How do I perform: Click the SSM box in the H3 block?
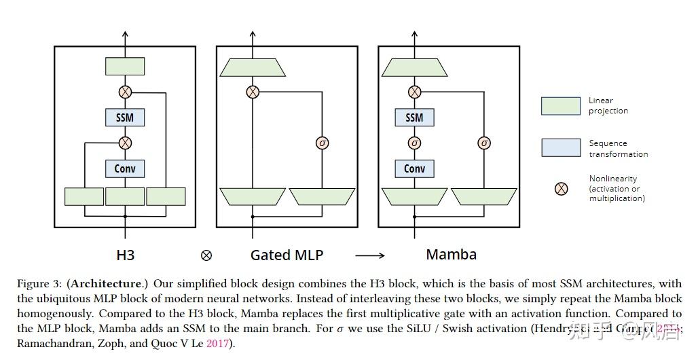(125, 118)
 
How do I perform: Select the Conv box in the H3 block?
(125, 168)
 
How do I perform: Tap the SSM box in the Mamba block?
(414, 118)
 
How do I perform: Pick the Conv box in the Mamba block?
(414, 168)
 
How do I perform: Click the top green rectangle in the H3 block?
(125, 67)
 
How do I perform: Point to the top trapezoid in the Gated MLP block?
(253, 67)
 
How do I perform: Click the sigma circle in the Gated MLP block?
(323, 143)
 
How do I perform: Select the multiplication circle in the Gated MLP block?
(253, 92)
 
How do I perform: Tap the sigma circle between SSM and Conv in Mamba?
(414, 143)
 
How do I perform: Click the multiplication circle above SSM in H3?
(125, 92)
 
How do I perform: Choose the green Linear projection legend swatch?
(561, 106)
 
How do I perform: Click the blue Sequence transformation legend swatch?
(561, 147)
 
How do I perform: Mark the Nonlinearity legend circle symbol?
(562, 188)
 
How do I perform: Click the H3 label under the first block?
(126, 255)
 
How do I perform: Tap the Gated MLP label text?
(287, 255)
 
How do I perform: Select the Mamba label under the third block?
(451, 255)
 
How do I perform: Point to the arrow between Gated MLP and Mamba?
(370, 256)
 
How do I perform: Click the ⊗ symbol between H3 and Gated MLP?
(206, 256)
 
